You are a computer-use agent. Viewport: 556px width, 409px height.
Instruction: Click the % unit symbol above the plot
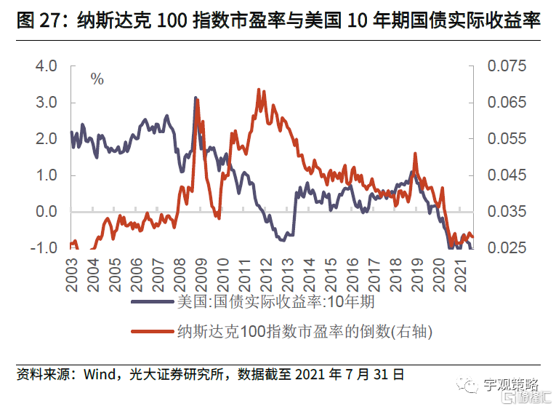(x=97, y=79)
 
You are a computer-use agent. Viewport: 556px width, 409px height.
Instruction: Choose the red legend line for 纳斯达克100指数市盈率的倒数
(x=153, y=332)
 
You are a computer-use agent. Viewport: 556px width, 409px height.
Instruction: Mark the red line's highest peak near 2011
(x=259, y=90)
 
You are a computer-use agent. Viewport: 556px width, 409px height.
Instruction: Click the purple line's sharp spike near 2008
(x=196, y=98)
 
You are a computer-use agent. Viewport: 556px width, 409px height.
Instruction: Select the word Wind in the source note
(x=100, y=376)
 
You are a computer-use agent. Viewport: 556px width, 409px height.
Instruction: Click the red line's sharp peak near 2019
(x=415, y=154)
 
